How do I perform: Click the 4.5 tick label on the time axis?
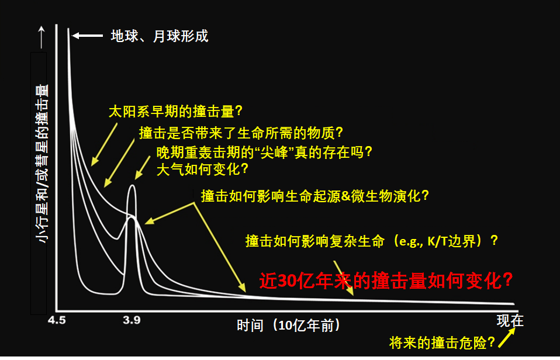(57, 320)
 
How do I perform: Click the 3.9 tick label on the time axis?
(132, 320)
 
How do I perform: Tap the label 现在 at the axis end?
(510, 320)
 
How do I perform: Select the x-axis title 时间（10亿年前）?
(289, 326)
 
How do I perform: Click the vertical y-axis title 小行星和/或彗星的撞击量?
(42, 164)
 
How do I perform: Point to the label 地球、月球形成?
(159, 36)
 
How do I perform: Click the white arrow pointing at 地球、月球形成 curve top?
(88, 35)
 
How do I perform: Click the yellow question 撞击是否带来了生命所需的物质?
(241, 133)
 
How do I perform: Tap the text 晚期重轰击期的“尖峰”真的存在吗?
(264, 153)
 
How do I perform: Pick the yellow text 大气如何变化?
(202, 169)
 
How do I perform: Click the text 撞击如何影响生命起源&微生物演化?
(314, 196)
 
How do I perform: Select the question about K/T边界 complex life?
(371, 241)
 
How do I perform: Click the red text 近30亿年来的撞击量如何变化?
(386, 281)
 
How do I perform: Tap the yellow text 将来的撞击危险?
(442, 343)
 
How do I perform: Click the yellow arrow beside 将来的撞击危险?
(507, 338)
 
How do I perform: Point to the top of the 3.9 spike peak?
(133, 185)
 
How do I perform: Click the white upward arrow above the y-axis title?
(42, 37)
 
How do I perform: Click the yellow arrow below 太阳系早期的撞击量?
(104, 145)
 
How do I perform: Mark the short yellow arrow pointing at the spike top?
(143, 168)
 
